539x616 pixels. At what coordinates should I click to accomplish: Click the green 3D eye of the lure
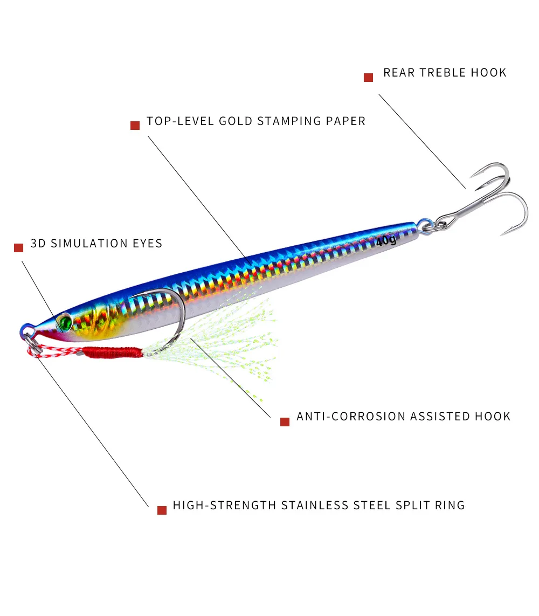coord(65,322)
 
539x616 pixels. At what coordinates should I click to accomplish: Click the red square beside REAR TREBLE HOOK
coord(369,78)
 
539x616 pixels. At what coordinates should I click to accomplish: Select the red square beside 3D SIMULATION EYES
coord(19,248)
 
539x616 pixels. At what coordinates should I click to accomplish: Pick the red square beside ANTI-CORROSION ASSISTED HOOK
coord(285,421)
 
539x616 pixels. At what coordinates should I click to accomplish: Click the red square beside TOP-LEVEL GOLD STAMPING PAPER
coord(135,126)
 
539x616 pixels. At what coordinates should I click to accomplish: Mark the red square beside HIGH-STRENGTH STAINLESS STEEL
coord(162,510)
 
